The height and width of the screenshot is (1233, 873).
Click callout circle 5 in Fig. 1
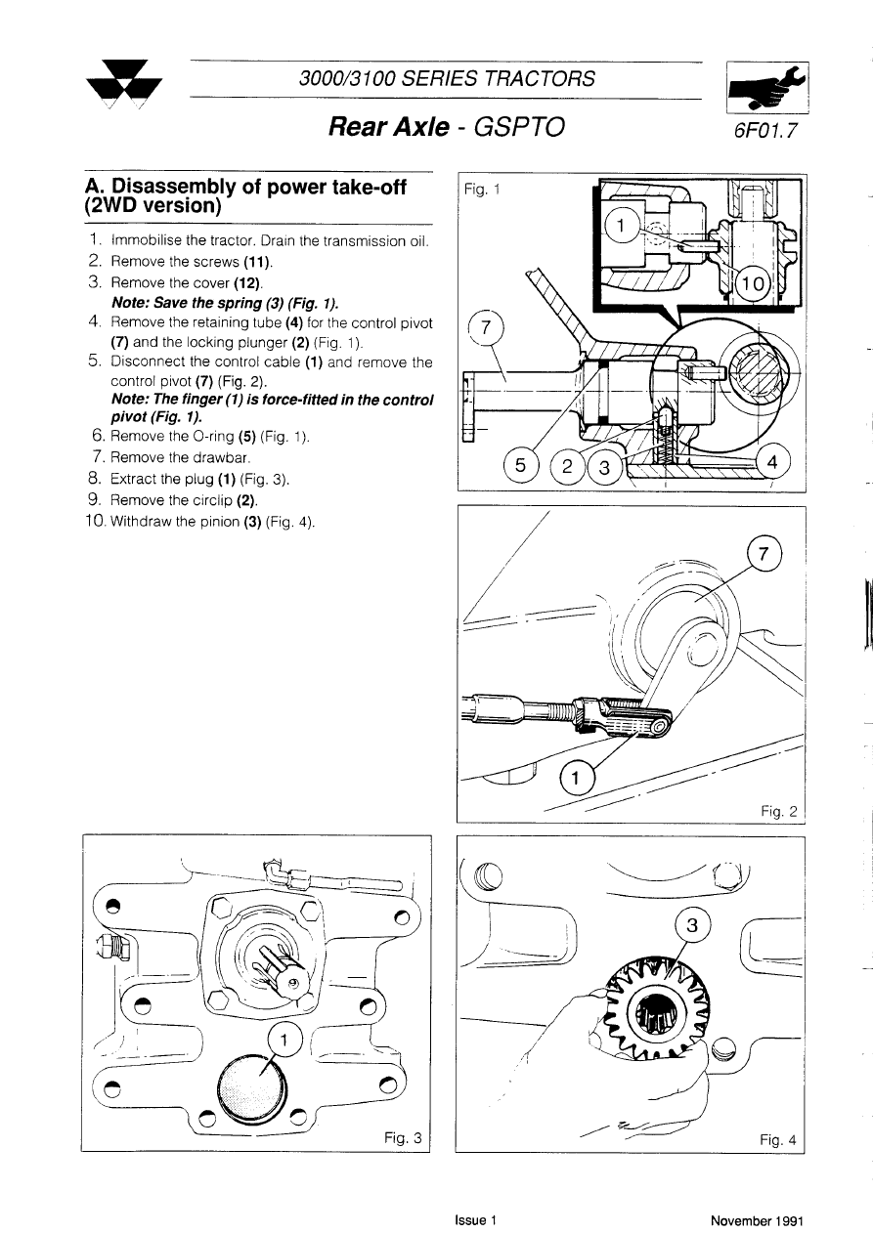click(520, 466)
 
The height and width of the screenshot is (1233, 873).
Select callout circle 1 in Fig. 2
click(577, 779)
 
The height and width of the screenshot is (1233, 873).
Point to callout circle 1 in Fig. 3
click(283, 1040)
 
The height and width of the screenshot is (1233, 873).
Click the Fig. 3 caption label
click(402, 1137)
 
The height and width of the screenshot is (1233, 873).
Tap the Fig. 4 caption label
click(778, 1138)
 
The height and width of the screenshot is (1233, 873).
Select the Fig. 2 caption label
click(779, 810)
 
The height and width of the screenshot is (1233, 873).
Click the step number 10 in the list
click(96, 521)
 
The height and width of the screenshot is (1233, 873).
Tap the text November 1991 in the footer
click(757, 1220)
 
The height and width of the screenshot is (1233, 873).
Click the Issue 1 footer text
click(476, 1220)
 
